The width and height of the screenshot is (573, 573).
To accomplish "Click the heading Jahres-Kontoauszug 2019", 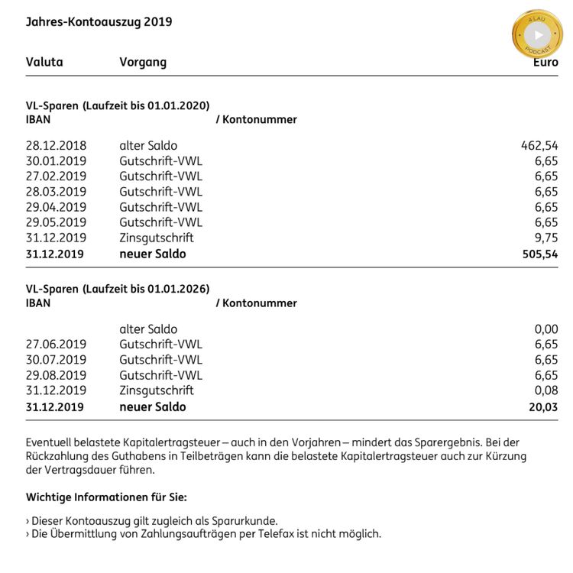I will tap(99, 21).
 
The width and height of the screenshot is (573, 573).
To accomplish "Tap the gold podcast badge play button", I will tap(538, 34).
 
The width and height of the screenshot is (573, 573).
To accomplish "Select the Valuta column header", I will tap(44, 62).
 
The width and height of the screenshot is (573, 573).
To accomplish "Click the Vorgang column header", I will tap(143, 62).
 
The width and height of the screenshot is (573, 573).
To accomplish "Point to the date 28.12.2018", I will tap(56, 145).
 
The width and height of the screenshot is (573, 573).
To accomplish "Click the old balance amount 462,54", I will tap(539, 145).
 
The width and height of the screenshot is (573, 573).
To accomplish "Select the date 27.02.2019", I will tap(56, 176).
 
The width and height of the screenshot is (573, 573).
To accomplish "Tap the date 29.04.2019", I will tap(56, 207).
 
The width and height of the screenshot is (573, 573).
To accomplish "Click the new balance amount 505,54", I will tap(539, 254).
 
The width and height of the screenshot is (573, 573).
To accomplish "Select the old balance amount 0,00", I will tap(545, 329).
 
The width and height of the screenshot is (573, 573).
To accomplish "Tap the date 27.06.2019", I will tap(56, 345).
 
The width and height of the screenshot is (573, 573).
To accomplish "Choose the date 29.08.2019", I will tap(56, 375).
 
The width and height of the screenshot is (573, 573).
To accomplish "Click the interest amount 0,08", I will tap(545, 390).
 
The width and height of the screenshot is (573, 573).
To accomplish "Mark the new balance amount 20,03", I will tap(543, 407).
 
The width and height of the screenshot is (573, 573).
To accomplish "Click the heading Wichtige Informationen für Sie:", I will tap(106, 497).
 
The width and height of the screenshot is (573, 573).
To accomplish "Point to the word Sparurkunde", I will tap(244, 520).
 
